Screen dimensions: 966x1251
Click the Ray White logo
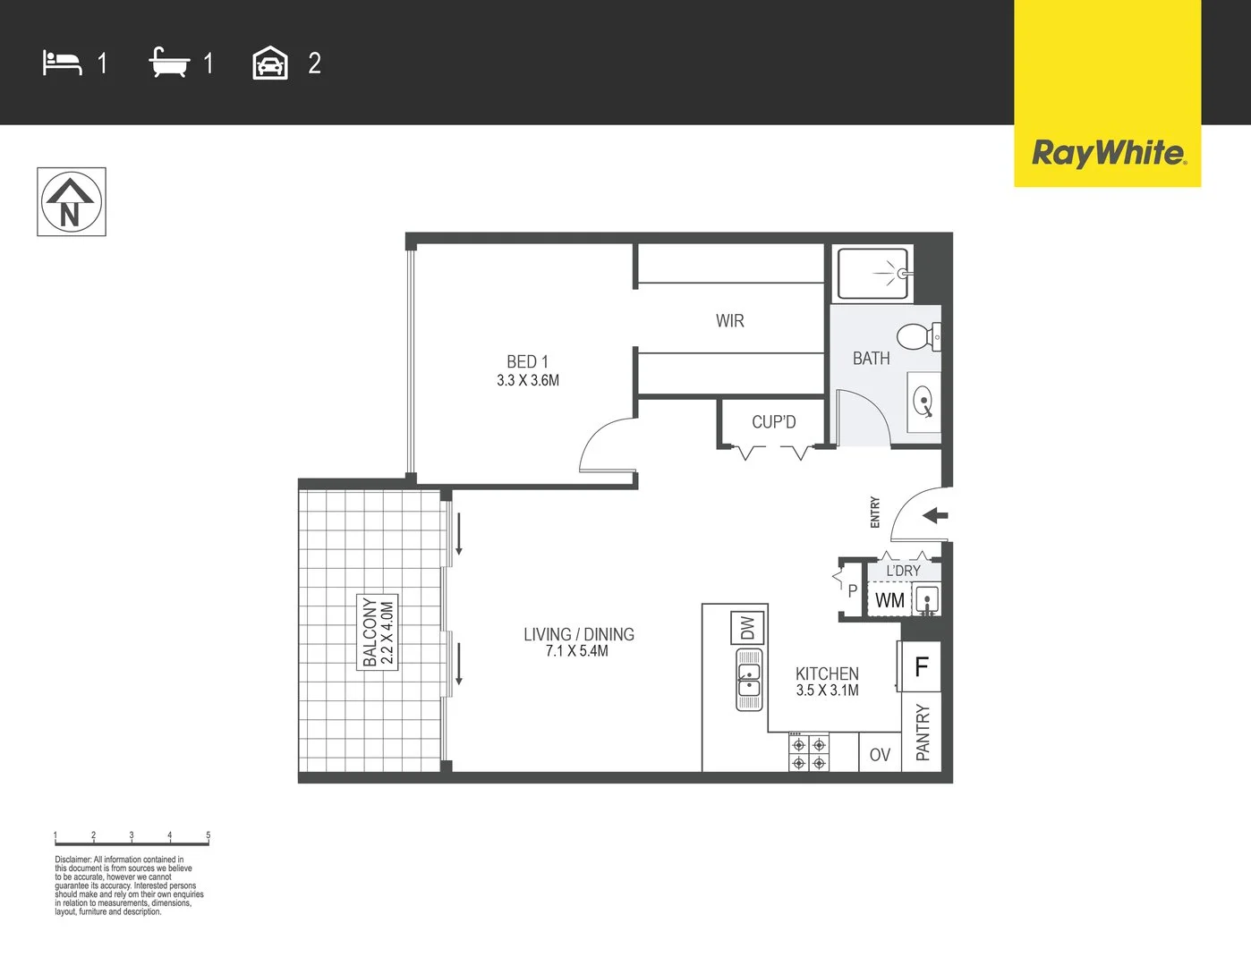click(1108, 153)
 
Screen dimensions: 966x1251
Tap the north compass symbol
click(72, 202)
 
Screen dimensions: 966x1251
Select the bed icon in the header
click(62, 64)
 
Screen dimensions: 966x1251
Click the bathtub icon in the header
click(169, 64)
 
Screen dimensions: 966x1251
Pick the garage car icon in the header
click(270, 64)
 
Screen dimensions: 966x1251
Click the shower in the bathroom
click(874, 274)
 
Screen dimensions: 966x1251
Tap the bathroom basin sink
click(923, 402)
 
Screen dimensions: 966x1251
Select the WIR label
click(729, 321)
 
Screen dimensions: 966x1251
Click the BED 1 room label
click(528, 370)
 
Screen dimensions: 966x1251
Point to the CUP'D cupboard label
click(773, 422)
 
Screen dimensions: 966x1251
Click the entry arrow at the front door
click(935, 515)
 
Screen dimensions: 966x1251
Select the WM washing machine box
click(889, 600)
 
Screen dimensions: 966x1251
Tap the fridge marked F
click(921, 666)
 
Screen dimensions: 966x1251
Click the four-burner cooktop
click(809, 753)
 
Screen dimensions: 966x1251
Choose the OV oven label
click(880, 755)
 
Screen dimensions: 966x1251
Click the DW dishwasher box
click(748, 628)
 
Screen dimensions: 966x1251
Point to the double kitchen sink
click(749, 680)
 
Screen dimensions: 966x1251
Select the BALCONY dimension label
click(378, 632)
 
